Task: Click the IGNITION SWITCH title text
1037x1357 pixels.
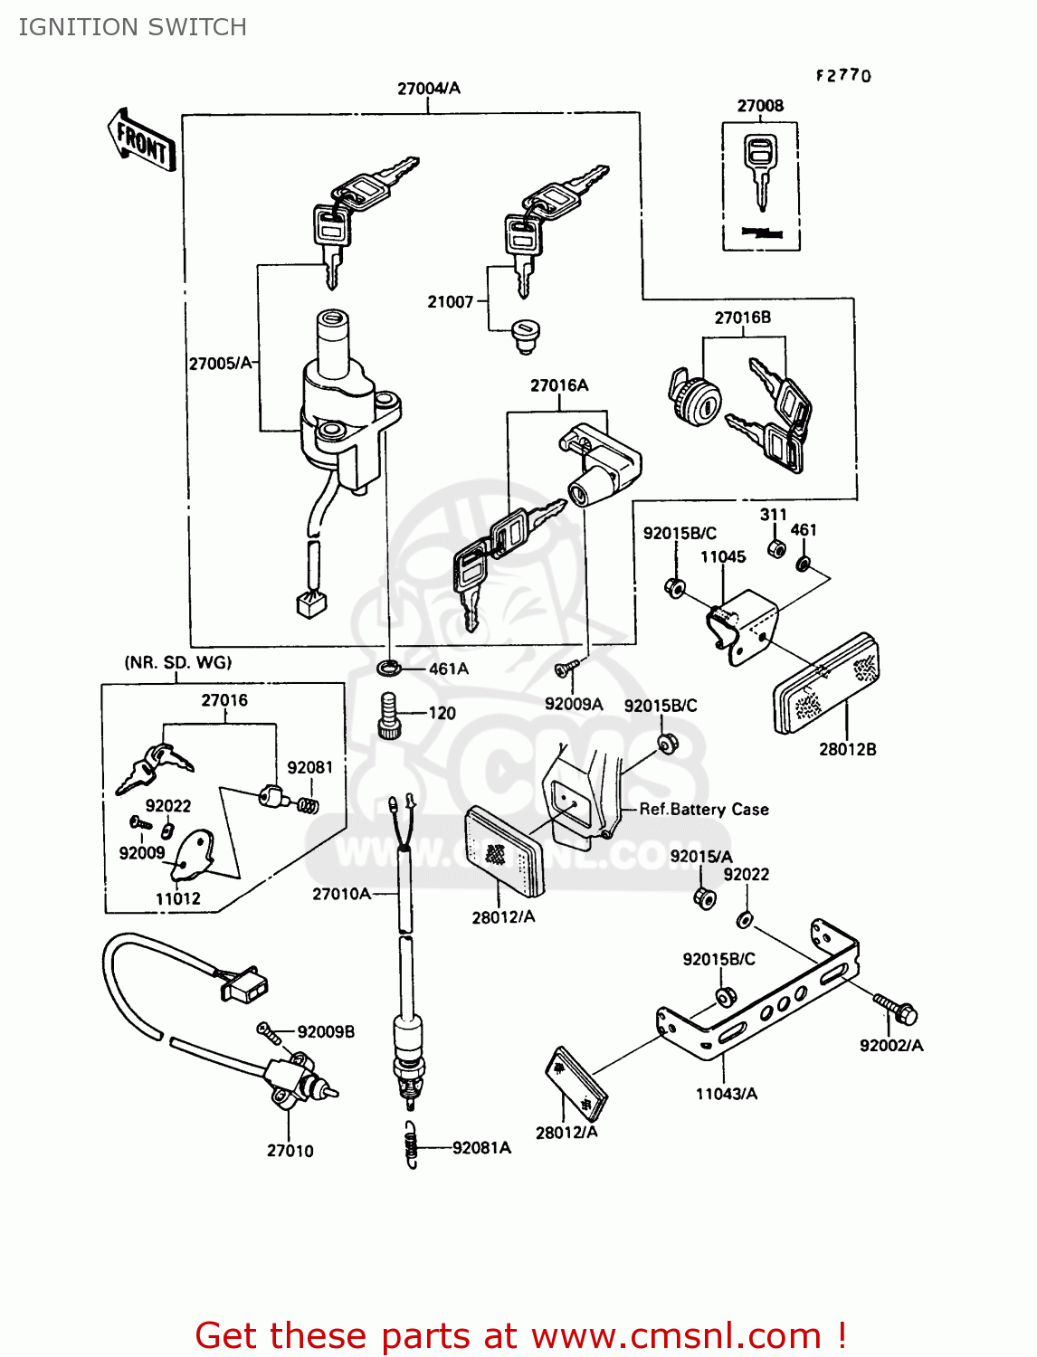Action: tap(132, 27)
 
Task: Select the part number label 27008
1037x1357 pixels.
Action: tap(760, 106)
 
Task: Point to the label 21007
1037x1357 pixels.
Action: tap(450, 302)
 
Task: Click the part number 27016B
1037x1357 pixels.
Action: tap(742, 318)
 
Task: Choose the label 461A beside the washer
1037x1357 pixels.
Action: tap(448, 669)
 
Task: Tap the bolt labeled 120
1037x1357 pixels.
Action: tap(389, 715)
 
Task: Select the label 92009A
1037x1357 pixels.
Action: tap(573, 704)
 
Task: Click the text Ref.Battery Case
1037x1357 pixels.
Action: tap(703, 810)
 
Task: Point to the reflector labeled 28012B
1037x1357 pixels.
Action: tap(825, 683)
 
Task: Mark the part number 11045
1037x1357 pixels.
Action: tap(723, 557)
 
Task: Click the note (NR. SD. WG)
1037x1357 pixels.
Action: tap(177, 663)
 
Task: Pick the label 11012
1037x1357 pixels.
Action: tap(177, 898)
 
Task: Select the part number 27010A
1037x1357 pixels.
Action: tap(341, 894)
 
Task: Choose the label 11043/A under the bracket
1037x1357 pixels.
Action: tap(726, 1094)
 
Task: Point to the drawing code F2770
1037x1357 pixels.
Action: tap(843, 76)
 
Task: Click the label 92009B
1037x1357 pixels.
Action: tap(326, 1032)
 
